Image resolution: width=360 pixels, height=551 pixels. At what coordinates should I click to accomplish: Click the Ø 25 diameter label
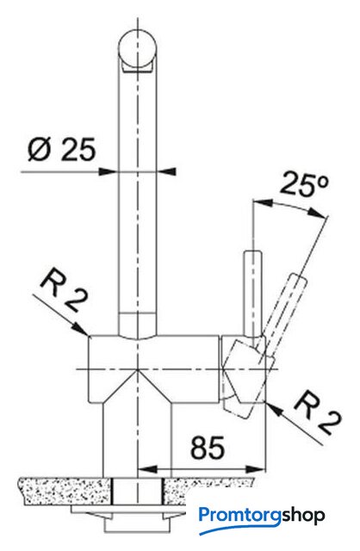tap(61, 149)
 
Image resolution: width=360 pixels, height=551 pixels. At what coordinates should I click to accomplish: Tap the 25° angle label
tap(305, 184)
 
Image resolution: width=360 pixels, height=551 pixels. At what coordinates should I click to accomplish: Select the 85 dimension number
tap(208, 448)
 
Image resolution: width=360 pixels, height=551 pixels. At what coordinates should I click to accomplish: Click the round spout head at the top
tap(138, 50)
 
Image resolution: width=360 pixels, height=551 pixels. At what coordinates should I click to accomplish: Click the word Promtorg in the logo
tap(240, 517)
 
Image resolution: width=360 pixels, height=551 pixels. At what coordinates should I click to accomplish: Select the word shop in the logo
tap(303, 517)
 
